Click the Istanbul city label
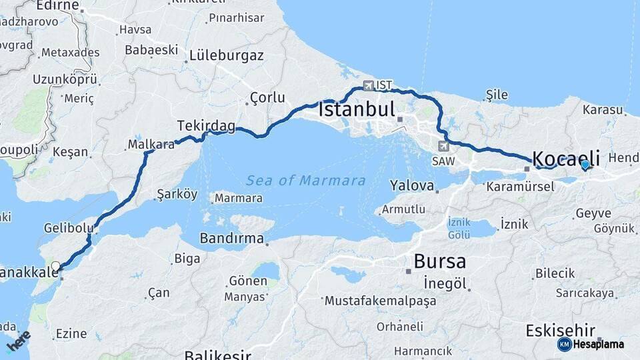[357, 109]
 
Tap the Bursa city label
[439, 261]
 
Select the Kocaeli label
[566, 159]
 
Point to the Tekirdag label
[206, 125]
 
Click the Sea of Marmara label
[305, 181]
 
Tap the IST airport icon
[368, 85]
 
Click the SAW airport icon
[444, 146]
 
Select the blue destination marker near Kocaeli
[585, 164]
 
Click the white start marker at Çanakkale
[56, 266]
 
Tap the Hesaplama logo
[592, 344]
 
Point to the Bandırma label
[232, 238]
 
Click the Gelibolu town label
[68, 228]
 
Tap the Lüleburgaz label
[226, 55]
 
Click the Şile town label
[497, 95]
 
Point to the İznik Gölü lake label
[459, 228]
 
